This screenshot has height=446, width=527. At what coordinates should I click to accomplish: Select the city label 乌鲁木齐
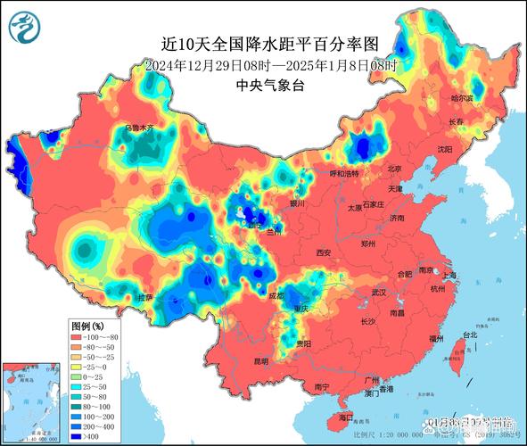click(139, 128)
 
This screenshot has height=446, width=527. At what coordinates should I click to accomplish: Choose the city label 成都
click(280, 295)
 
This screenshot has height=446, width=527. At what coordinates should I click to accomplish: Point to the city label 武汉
click(379, 292)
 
